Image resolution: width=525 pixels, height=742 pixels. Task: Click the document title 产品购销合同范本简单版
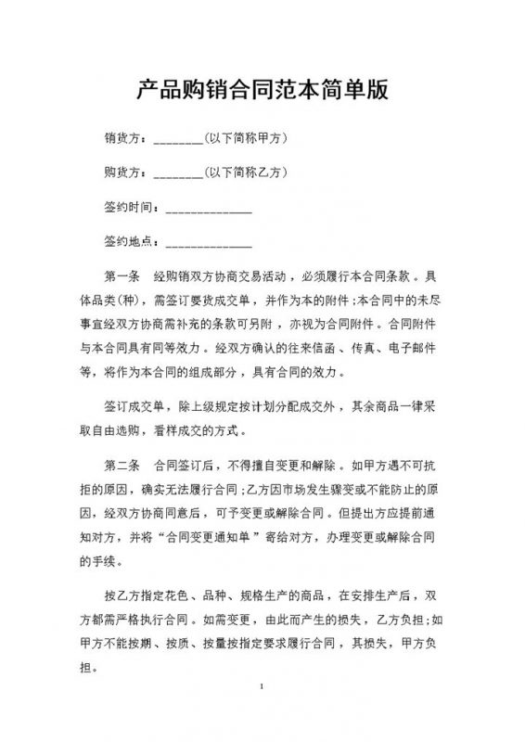262,90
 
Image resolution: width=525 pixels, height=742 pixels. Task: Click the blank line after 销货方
177,143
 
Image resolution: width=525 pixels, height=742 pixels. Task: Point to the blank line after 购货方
177,176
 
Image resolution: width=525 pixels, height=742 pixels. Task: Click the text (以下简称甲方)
244,140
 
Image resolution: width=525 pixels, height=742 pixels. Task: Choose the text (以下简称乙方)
244,173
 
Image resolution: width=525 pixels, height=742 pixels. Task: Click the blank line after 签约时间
208,211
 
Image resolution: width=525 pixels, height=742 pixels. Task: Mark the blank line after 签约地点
208,245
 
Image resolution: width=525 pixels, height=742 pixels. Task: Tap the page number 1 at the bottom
263,687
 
